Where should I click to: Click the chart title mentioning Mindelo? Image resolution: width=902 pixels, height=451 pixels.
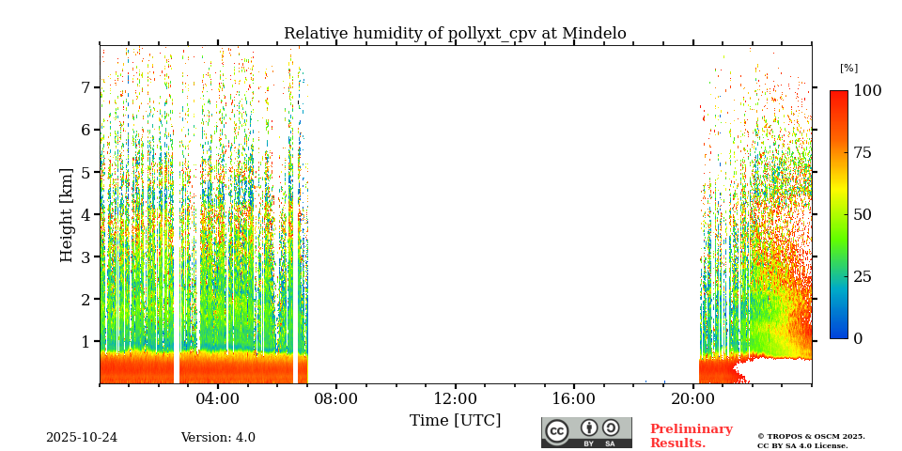click(455, 34)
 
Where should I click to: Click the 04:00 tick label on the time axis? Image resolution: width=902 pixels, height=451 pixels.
click(218, 398)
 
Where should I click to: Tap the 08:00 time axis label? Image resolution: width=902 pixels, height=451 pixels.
click(335, 398)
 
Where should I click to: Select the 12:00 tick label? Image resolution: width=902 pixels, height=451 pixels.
click(455, 398)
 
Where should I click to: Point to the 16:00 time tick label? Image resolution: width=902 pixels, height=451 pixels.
click(573, 398)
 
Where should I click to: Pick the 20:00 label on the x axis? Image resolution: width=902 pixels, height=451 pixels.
click(693, 398)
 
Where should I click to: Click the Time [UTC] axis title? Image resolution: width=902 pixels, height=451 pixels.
click(455, 420)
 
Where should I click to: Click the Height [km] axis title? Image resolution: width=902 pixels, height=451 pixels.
click(67, 214)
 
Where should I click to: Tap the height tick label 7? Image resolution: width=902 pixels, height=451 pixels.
click(86, 87)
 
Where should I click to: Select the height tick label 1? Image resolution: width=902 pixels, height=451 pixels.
click(86, 341)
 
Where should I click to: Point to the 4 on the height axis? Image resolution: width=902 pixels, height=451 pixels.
click(86, 214)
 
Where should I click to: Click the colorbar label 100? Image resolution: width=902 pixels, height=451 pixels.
click(867, 91)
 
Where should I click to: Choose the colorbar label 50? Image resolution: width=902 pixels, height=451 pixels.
click(863, 214)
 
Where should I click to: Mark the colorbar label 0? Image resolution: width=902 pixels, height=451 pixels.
click(858, 338)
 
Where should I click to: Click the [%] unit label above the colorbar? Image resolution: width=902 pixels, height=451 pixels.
click(848, 69)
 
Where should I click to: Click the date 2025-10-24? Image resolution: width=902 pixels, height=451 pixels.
click(82, 438)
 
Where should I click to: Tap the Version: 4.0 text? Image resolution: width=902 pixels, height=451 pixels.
click(218, 438)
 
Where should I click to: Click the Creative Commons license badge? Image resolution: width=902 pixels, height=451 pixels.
click(586, 432)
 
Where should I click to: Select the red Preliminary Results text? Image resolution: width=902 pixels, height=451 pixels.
click(691, 436)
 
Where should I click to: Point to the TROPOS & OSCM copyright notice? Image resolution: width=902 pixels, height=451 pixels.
click(811, 441)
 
